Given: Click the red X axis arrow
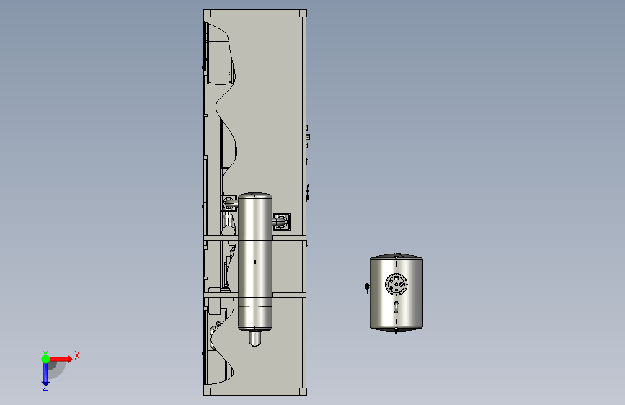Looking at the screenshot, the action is click(61, 359).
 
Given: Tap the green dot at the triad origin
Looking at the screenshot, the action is click(45, 359).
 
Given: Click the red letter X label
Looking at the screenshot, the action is click(77, 355).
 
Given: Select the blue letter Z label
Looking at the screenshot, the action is click(45, 388).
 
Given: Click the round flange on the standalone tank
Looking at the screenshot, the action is click(396, 284).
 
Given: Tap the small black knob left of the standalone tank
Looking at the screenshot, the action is click(367, 287).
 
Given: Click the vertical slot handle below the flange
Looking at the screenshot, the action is click(396, 307).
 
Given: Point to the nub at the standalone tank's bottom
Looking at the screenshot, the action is click(396, 330).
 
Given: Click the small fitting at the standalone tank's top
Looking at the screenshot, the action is click(397, 254).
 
